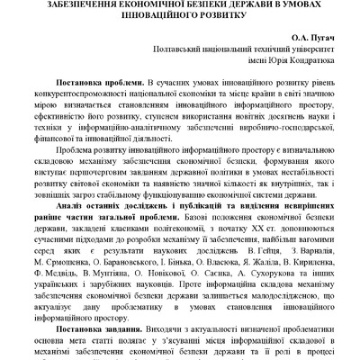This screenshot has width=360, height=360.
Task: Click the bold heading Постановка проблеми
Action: click(x=95, y=82)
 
